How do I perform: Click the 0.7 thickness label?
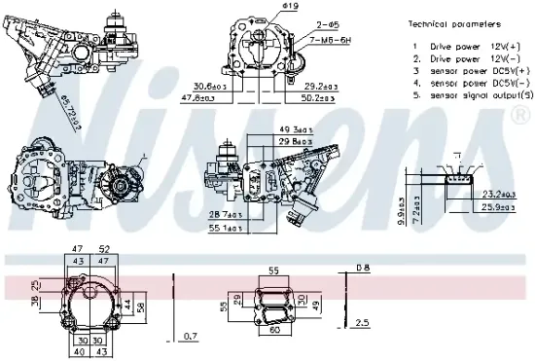coord(192,337)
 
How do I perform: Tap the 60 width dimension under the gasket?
coord(273,329)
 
